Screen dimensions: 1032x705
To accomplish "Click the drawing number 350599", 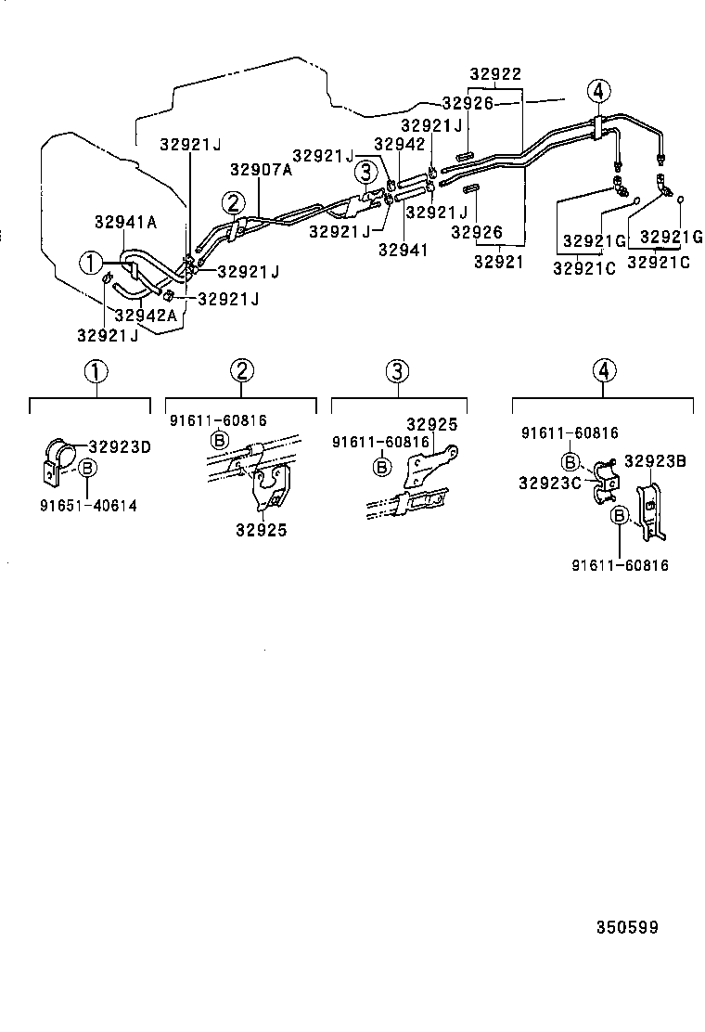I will click(x=621, y=927).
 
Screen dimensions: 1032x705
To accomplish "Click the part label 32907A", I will click(x=261, y=170).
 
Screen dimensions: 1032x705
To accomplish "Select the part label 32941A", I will click(x=125, y=222).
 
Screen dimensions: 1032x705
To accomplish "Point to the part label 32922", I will click(x=494, y=75).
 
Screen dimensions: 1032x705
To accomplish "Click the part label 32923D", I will click(x=119, y=447).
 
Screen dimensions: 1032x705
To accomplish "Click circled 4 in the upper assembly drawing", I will click(x=599, y=91).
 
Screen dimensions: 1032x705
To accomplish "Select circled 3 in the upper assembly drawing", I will click(x=366, y=171).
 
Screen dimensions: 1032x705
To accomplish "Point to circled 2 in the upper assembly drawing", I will click(x=232, y=202).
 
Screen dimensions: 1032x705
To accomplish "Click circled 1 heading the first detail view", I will click(x=96, y=372).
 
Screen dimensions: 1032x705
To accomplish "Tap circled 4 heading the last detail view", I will click(x=604, y=371).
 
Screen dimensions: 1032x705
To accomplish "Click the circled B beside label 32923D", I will click(x=86, y=469).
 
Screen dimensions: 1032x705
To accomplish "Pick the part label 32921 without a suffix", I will click(x=498, y=263).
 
